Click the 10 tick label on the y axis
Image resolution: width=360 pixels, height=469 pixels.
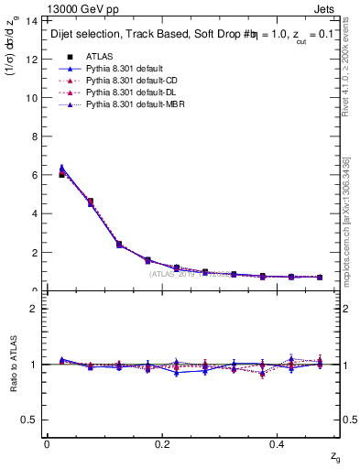pyautogui.click(x=31, y=97)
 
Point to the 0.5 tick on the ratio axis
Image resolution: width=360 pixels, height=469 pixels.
pyautogui.click(x=29, y=419)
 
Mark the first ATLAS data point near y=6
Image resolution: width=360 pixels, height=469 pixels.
pyautogui.click(x=61, y=174)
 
